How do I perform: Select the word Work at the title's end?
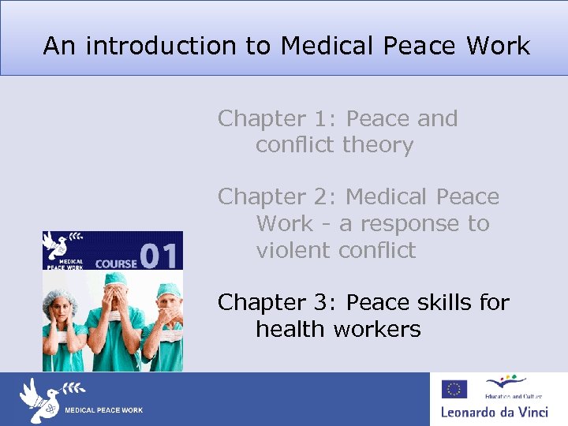[x=498, y=46]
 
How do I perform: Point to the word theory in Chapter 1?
[x=378, y=146]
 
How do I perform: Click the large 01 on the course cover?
[x=161, y=255]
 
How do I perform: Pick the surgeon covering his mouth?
[x=166, y=319]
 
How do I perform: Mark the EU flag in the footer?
[x=454, y=389]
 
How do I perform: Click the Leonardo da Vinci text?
[x=493, y=412]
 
